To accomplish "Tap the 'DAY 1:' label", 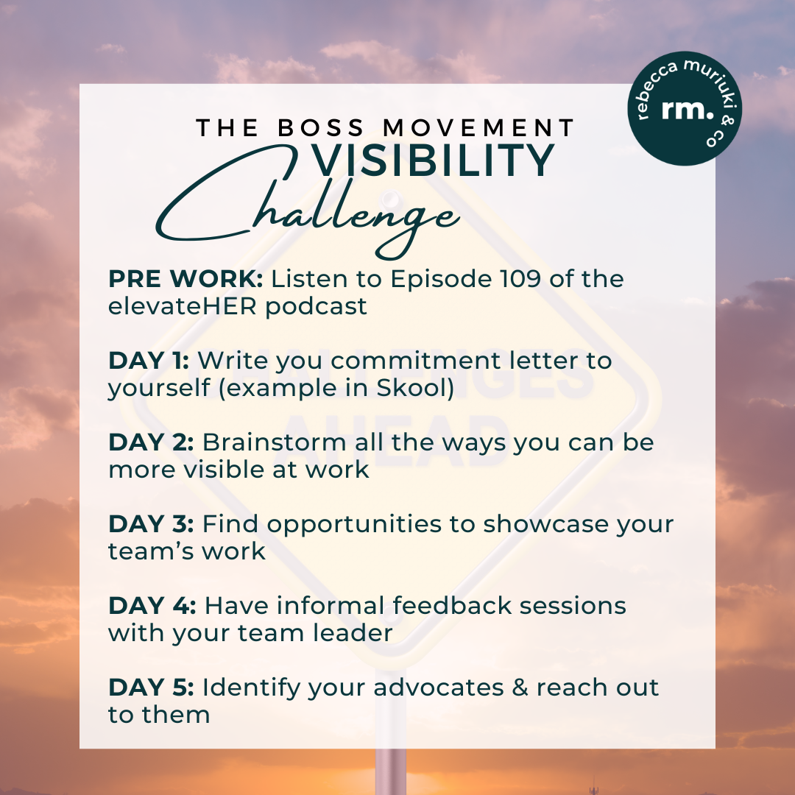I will [149, 361].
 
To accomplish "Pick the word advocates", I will [426, 688].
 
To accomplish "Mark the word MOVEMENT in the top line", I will [479, 128].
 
